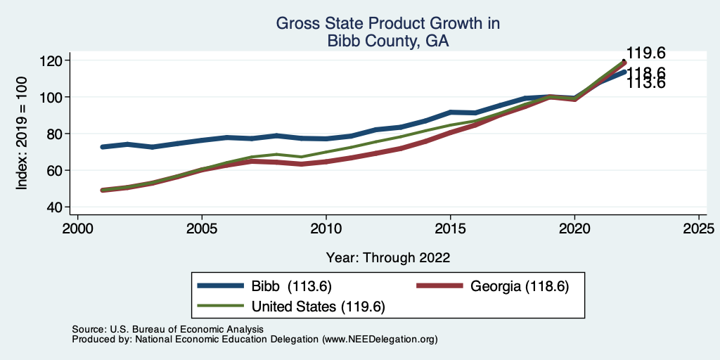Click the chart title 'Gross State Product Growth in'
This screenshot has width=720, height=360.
point(387,24)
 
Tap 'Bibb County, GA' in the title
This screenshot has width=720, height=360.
point(387,41)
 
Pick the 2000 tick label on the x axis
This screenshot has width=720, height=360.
point(77,229)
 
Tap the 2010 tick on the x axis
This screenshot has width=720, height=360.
point(326,229)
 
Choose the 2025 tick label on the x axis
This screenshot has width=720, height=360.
point(699,229)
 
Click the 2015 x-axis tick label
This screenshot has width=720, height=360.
point(450,229)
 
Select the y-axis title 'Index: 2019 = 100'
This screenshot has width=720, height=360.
point(22,134)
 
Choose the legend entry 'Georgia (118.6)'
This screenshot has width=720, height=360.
point(519,286)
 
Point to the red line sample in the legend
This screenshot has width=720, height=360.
point(441,286)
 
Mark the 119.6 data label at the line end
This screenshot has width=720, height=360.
point(645,53)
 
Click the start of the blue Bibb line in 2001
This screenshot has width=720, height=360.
point(103,147)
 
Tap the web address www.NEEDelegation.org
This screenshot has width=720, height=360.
point(380,339)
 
